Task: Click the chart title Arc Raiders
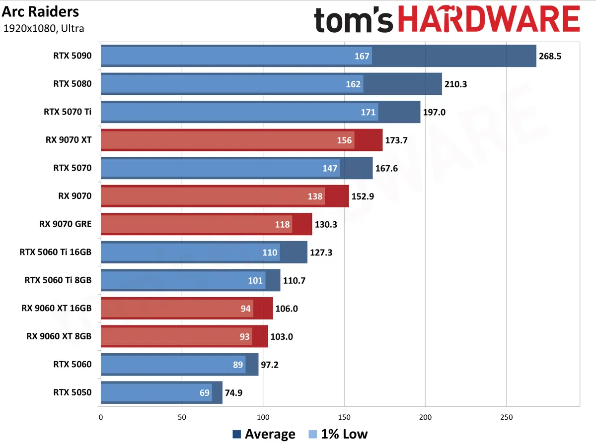click(x=40, y=12)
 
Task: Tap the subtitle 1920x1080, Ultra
click(x=43, y=28)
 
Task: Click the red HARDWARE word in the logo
click(x=489, y=19)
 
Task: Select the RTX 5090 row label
click(x=72, y=56)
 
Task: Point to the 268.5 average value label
click(x=550, y=56)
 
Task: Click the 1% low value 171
click(x=368, y=112)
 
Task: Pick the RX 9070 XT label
click(x=69, y=140)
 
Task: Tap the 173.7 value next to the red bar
click(x=396, y=140)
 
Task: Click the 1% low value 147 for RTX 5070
click(x=330, y=169)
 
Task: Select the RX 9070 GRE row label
click(x=66, y=224)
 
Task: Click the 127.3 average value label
click(x=321, y=253)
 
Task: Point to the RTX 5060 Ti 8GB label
click(x=58, y=280)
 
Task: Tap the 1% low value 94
click(x=245, y=309)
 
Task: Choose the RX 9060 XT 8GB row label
click(x=59, y=336)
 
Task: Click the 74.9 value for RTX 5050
click(x=233, y=393)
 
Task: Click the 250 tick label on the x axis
click(x=506, y=417)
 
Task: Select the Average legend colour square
click(x=237, y=434)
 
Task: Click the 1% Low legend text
click(x=344, y=434)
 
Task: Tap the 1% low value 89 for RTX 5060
click(x=237, y=365)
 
